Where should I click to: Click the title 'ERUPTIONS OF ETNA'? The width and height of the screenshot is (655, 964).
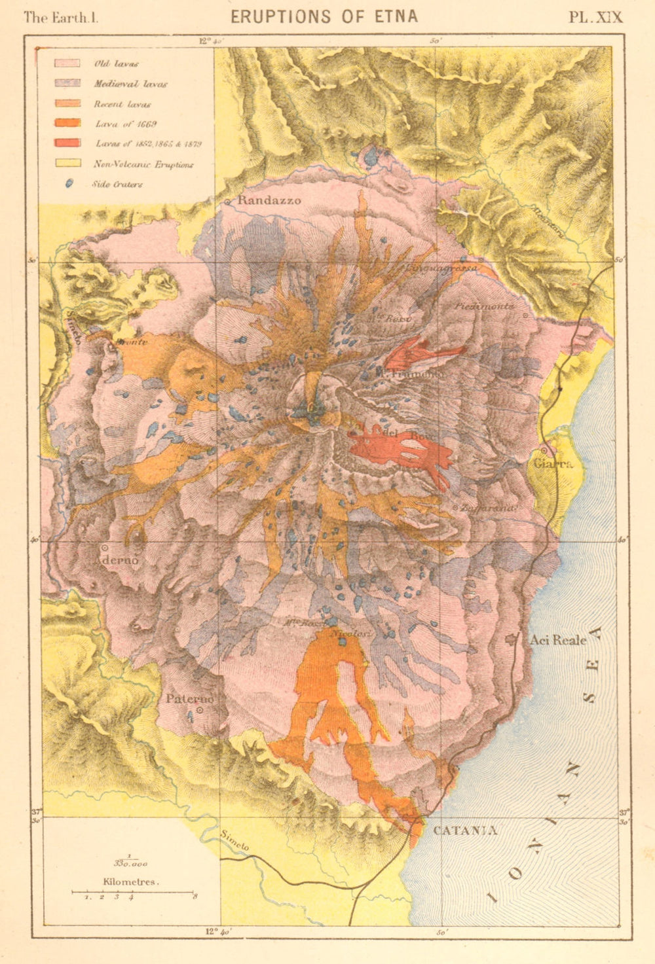pos(324,16)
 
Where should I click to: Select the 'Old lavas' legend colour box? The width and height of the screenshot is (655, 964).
pos(67,63)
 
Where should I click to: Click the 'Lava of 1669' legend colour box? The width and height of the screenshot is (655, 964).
pos(67,123)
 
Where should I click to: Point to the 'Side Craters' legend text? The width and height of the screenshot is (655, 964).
pos(118,185)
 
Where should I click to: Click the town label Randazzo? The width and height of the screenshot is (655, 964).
pos(269,200)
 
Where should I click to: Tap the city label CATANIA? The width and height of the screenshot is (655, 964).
pos(464,830)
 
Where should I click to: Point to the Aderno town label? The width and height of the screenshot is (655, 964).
pos(118,561)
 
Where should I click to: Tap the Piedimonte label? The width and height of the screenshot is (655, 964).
pos(485,306)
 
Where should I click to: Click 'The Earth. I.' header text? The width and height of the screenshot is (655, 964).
pos(60,17)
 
